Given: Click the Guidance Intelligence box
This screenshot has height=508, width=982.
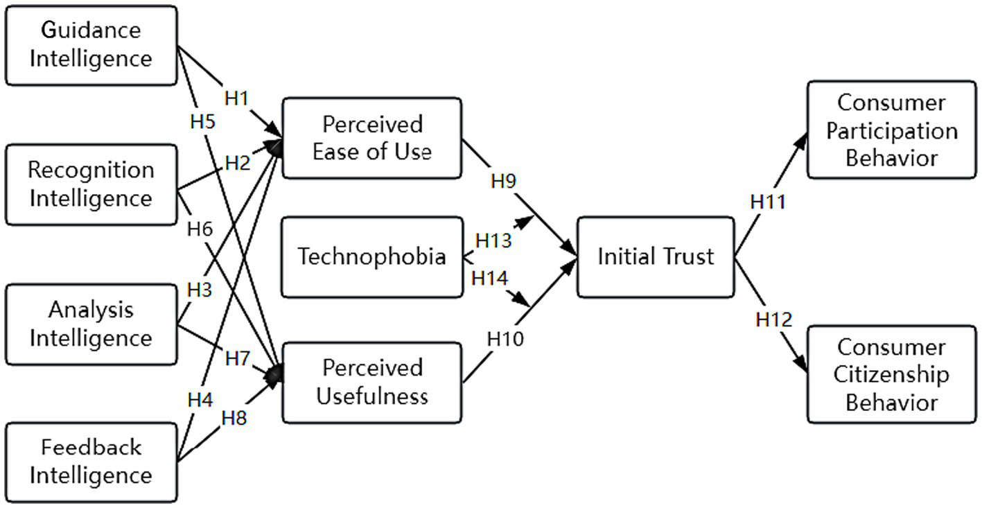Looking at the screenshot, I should [x=91, y=45].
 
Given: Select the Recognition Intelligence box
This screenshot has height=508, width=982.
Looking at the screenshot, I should [x=91, y=184].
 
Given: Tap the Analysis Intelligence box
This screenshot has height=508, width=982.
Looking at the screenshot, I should [x=91, y=324].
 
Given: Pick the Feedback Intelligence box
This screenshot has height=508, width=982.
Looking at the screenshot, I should [x=91, y=462].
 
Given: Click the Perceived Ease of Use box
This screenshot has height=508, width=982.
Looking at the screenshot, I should [x=371, y=138].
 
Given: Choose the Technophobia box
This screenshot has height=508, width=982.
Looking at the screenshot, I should [x=371, y=257].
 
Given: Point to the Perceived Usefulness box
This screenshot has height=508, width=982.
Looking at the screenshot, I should [x=371, y=382].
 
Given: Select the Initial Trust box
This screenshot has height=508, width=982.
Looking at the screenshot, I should [x=655, y=257].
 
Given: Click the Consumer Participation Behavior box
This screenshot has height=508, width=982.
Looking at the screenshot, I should [x=891, y=131].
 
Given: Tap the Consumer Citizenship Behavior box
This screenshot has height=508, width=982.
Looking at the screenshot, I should [x=891, y=374].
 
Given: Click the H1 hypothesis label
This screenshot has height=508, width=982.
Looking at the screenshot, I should [x=236, y=98].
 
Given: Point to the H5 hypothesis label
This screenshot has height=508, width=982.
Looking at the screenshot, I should [x=202, y=121].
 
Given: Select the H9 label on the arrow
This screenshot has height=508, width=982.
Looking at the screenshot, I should [x=504, y=182].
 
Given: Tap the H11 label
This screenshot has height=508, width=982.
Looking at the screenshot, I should [x=769, y=202].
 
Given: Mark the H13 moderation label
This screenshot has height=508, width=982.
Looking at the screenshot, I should [x=493, y=240].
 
